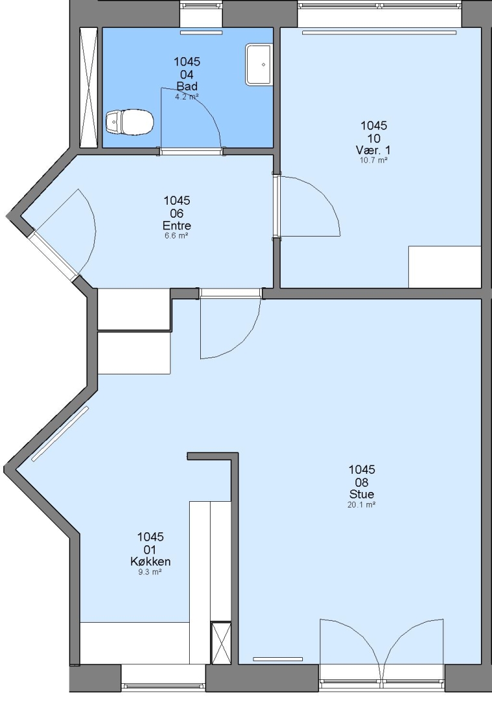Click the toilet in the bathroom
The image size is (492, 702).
(130, 122)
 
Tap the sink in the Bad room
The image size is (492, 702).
(259, 64)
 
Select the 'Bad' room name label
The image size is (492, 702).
(187, 86)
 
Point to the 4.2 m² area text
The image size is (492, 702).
(187, 96)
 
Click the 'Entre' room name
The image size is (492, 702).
(177, 226)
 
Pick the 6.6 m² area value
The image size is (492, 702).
(176, 235)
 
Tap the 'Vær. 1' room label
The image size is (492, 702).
(373, 150)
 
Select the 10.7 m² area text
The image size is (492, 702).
(373, 160)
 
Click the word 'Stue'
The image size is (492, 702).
(362, 494)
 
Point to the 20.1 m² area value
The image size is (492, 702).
(361, 504)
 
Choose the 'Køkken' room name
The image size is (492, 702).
(150, 562)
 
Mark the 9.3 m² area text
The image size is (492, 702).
(150, 572)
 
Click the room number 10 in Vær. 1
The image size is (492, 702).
(374, 138)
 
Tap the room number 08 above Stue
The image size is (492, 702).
(362, 482)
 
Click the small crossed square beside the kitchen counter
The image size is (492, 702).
(221, 643)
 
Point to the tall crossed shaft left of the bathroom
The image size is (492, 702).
(88, 88)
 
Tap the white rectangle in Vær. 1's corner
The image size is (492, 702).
(445, 267)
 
